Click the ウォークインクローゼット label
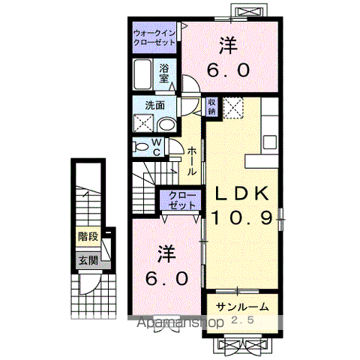[154, 38]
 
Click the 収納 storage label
[212, 106]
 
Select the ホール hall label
[192, 160]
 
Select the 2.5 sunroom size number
[241, 321]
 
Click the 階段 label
[87, 236]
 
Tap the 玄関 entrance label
[87, 260]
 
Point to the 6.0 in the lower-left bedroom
[166, 278]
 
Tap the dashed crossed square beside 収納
[233, 107]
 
